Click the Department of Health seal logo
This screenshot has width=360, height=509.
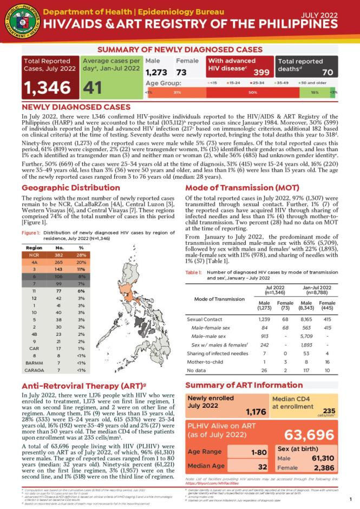point(19,19)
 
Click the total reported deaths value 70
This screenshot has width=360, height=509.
point(327,72)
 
